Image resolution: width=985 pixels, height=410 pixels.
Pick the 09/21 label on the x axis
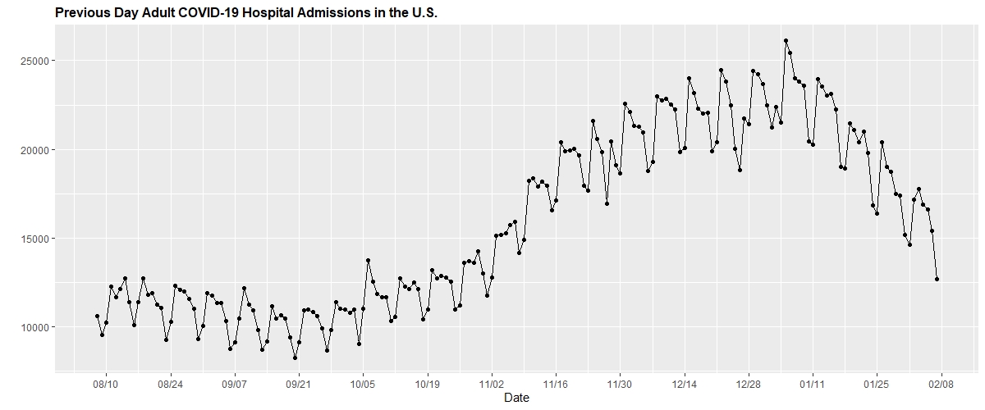[x=298, y=383]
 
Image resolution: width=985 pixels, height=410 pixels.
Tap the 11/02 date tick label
[x=491, y=383]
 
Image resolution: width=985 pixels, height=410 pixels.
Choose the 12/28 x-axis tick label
[x=749, y=383]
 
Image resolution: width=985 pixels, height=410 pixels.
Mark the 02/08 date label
[x=941, y=383]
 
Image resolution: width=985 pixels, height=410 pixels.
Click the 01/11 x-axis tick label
[x=813, y=383]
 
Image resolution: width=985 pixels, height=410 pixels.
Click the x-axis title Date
[x=516, y=398]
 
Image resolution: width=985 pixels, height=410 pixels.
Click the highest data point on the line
[x=786, y=40]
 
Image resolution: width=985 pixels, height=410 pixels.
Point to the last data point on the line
[x=937, y=280]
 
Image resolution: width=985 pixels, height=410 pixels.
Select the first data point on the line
[x=97, y=316]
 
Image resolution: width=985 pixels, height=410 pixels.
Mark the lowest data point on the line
[x=295, y=358]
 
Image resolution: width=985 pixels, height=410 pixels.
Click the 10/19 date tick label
[x=427, y=383]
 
